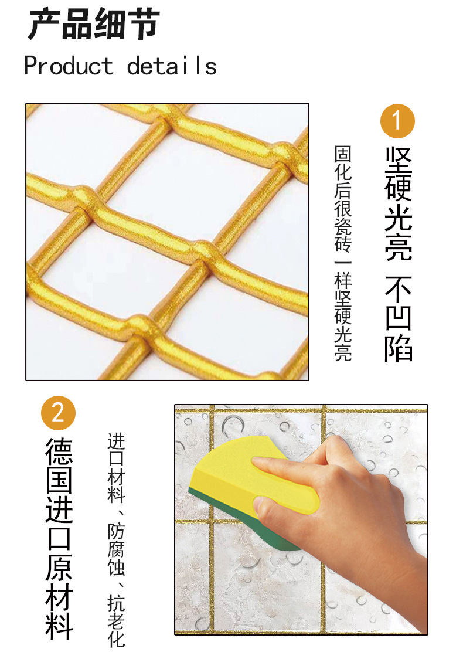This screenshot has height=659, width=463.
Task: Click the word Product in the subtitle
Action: (x=69, y=66)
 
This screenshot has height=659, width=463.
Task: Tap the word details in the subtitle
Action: (x=172, y=66)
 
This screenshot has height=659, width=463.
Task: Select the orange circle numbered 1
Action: (x=397, y=121)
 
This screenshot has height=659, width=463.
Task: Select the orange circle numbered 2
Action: (x=58, y=413)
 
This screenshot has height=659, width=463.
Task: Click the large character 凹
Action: (x=399, y=318)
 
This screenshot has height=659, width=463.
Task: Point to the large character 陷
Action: (x=399, y=348)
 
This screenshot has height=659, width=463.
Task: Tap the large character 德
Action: (x=59, y=451)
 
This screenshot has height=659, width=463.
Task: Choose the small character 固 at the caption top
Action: (x=343, y=154)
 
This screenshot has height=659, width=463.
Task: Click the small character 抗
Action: (x=116, y=603)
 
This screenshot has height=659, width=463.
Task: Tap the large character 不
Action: (x=399, y=288)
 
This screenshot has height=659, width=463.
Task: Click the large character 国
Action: (x=59, y=480)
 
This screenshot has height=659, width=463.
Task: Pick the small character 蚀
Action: (x=116, y=567)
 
